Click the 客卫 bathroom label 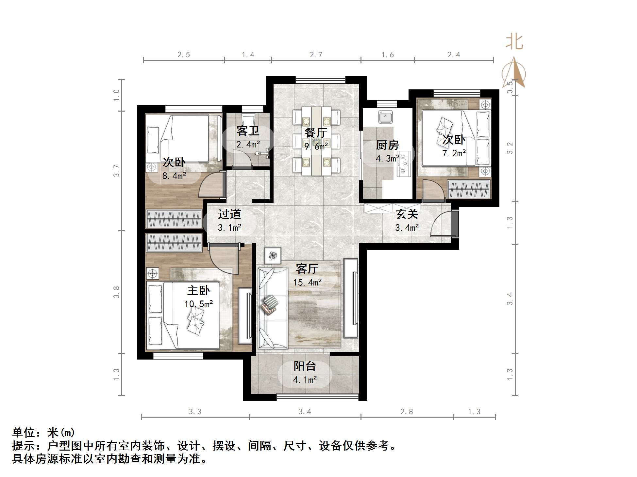pos(248,131)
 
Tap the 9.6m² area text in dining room pos(316,146)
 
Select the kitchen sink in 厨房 pos(385,117)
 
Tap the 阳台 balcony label pos(305,366)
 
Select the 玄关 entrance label pos(407,214)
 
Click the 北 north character pos(514,42)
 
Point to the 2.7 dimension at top pos(316,55)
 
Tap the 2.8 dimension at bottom pos(407,412)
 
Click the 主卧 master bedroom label pos(198,290)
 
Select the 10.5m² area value pos(198,304)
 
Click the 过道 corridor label pos(229,214)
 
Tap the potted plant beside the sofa pos(273,255)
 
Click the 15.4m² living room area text pos(307,282)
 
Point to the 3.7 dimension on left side pos(117,171)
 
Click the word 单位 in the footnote pos(24,433)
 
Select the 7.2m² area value pos(454,153)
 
